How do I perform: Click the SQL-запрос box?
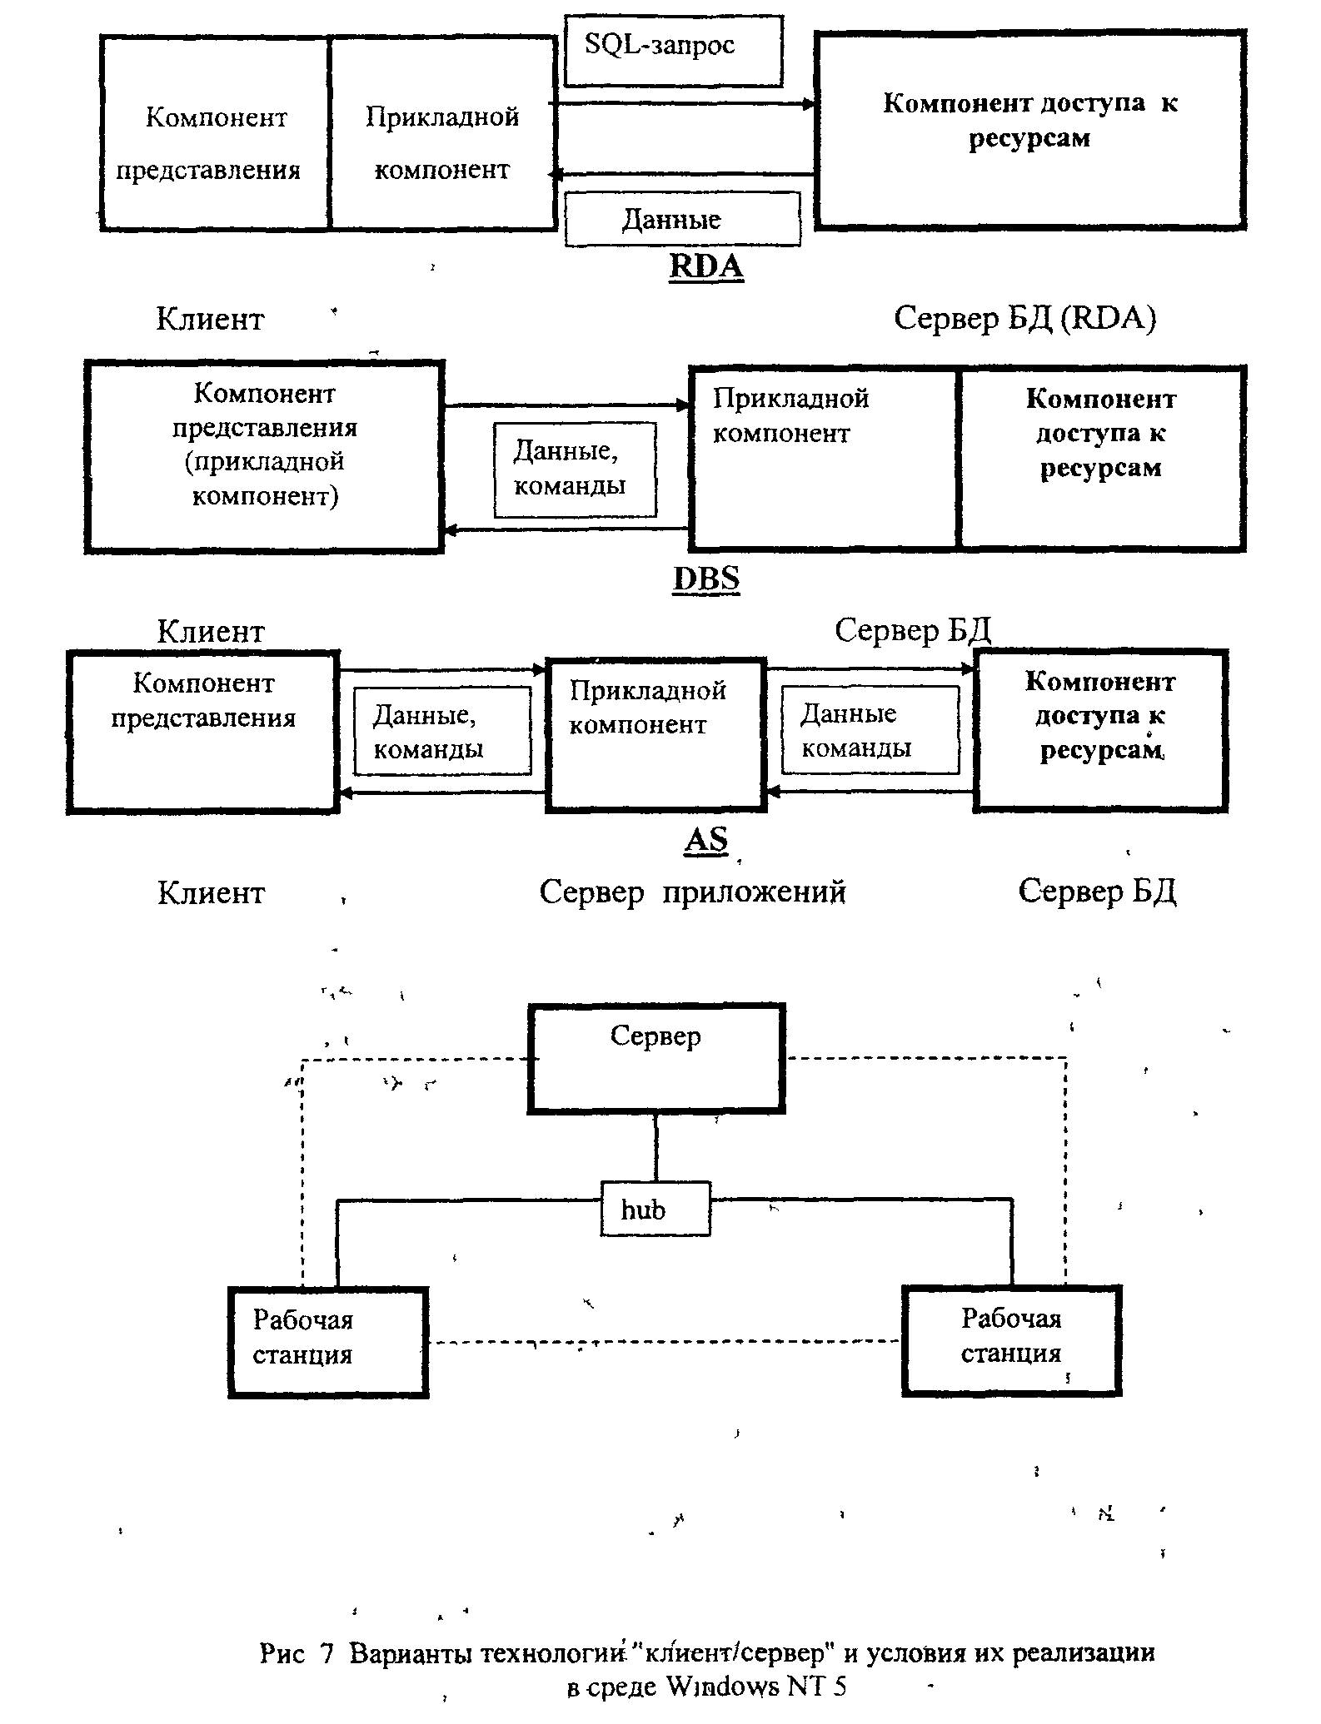673,50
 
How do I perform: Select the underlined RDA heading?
706,267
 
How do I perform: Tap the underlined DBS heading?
706,579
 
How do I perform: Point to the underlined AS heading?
706,840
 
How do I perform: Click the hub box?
656,1208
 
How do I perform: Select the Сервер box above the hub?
656,1058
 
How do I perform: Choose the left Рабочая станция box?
328,1342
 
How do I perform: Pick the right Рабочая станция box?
1012,1339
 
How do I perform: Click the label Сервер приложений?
693,892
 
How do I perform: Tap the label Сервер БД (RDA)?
1025,318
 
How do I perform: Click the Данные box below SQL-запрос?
682,219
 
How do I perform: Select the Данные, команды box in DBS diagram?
575,470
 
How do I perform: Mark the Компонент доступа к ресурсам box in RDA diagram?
1030,130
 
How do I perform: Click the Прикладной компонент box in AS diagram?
656,733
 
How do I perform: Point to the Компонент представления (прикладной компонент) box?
264,456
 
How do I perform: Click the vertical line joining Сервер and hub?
656,1147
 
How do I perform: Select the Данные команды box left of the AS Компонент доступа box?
870,730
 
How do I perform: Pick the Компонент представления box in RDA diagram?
215,133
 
